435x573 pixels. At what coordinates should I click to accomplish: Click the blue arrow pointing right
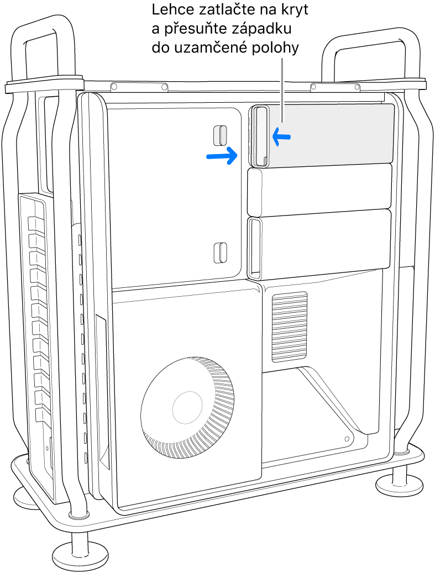point(222,156)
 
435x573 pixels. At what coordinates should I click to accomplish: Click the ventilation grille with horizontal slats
point(289,327)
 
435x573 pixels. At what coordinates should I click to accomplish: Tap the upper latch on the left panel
point(220,134)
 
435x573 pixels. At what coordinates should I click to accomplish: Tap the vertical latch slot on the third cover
point(255,248)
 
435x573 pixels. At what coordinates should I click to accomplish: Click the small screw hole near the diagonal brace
point(347,438)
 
